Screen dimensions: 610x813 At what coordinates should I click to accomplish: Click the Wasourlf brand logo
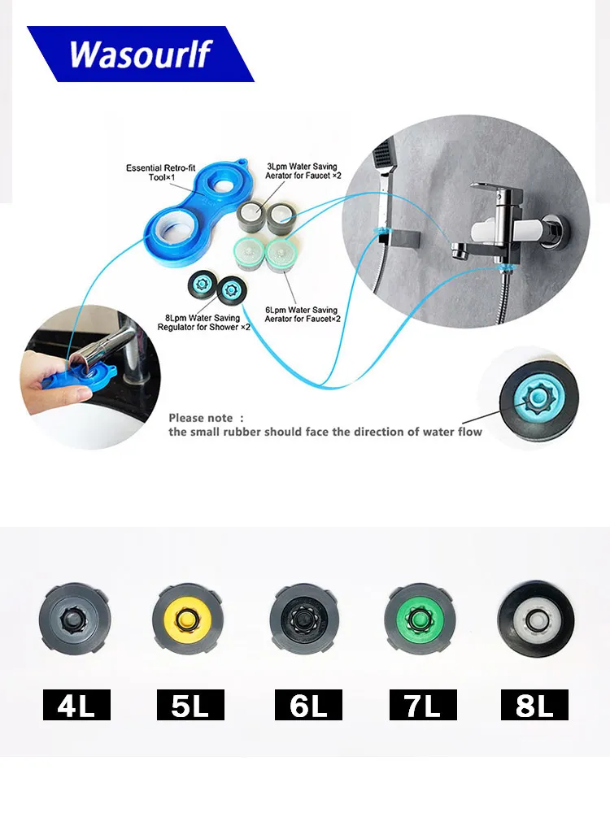[140, 54]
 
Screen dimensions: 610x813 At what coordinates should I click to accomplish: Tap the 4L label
[76, 705]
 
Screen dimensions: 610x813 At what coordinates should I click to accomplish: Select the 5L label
[190, 705]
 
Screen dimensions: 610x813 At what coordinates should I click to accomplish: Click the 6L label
[308, 705]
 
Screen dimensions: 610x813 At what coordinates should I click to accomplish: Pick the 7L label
[423, 705]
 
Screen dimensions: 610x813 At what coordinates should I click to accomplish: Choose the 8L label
[534, 705]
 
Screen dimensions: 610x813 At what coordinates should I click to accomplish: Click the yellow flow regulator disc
[190, 620]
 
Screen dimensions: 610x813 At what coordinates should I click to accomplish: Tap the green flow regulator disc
[420, 620]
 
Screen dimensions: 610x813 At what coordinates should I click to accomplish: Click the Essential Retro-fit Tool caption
[161, 172]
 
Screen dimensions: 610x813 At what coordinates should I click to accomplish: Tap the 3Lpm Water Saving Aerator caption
[303, 171]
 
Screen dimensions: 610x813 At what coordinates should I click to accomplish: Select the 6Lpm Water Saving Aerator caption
[303, 314]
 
